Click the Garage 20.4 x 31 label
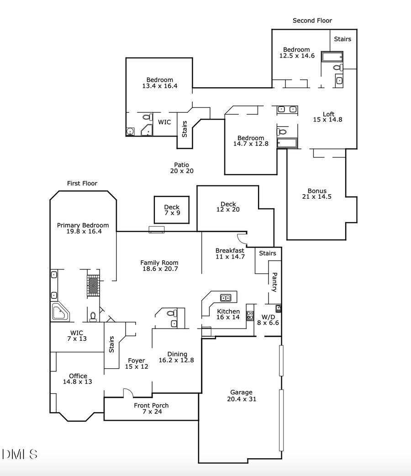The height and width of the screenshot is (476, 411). click(x=241, y=396)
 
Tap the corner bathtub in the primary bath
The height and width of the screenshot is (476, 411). click(x=60, y=312)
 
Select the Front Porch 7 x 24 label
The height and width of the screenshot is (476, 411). click(x=151, y=408)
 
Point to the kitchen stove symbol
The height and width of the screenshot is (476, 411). click(x=250, y=315)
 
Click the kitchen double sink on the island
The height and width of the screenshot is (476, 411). click(x=226, y=298)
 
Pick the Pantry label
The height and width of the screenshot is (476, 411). click(x=274, y=282)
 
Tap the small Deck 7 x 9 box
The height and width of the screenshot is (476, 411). click(x=172, y=210)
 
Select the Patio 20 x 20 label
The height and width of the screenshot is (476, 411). click(x=181, y=168)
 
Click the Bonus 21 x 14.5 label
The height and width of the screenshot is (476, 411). click(x=317, y=194)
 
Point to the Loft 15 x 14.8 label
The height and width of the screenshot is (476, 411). click(x=328, y=117)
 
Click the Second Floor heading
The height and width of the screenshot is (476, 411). click(x=312, y=21)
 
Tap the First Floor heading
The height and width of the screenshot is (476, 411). click(x=82, y=183)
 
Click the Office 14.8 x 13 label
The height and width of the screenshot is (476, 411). click(x=78, y=379)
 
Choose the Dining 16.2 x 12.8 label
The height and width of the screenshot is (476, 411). click(x=177, y=357)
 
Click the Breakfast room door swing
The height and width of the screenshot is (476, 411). click(x=242, y=238)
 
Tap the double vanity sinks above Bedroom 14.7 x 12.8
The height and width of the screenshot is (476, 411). click(x=287, y=109)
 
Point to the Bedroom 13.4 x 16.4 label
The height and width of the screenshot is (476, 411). click(x=159, y=83)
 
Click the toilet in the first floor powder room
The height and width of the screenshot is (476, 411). click(x=172, y=313)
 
